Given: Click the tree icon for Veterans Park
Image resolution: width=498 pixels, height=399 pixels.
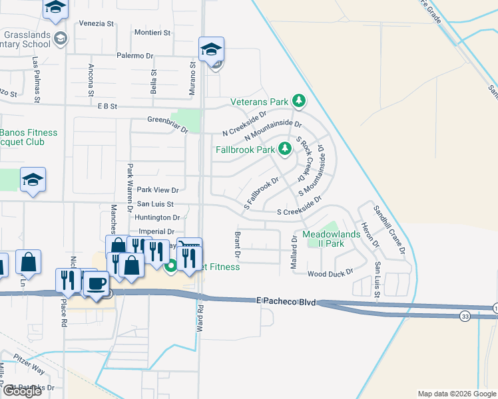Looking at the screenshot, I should pos(300,102).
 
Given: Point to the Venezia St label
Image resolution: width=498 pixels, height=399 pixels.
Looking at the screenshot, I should pos(97,23).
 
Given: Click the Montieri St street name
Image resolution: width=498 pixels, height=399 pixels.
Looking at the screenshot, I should pos(152,32).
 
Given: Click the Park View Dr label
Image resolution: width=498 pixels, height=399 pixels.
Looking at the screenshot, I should pos(154,190).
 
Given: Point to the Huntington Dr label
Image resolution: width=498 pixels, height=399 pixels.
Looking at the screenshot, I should pos(157,217).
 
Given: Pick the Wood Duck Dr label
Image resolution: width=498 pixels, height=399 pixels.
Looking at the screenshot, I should pos(330,274).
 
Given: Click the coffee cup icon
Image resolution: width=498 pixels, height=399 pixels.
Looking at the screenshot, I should pos(96,283).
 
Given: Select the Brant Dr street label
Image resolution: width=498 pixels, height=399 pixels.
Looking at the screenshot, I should pos(236,244).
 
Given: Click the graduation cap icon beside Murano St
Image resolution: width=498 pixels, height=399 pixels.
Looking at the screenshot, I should pos(211,49).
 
